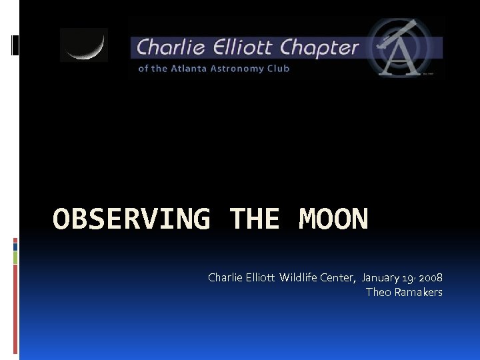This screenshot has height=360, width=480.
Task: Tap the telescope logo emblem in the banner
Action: pos(404,48)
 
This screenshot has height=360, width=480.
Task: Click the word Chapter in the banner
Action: pos(320,48)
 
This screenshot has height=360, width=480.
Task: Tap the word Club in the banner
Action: pos(278,69)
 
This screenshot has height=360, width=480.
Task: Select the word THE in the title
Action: pos(254,219)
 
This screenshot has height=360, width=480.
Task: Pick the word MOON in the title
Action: pos(333,219)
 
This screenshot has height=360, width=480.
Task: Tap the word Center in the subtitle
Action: pos(339,277)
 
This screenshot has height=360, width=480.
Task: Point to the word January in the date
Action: pos(382,277)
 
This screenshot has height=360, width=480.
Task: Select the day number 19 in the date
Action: pos(409,277)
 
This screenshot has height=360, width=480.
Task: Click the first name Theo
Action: pos(378,292)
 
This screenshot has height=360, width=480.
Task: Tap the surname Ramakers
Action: pos(418,292)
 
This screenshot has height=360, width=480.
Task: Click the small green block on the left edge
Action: pos(15,257)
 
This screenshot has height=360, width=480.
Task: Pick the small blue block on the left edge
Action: pos(15,245)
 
